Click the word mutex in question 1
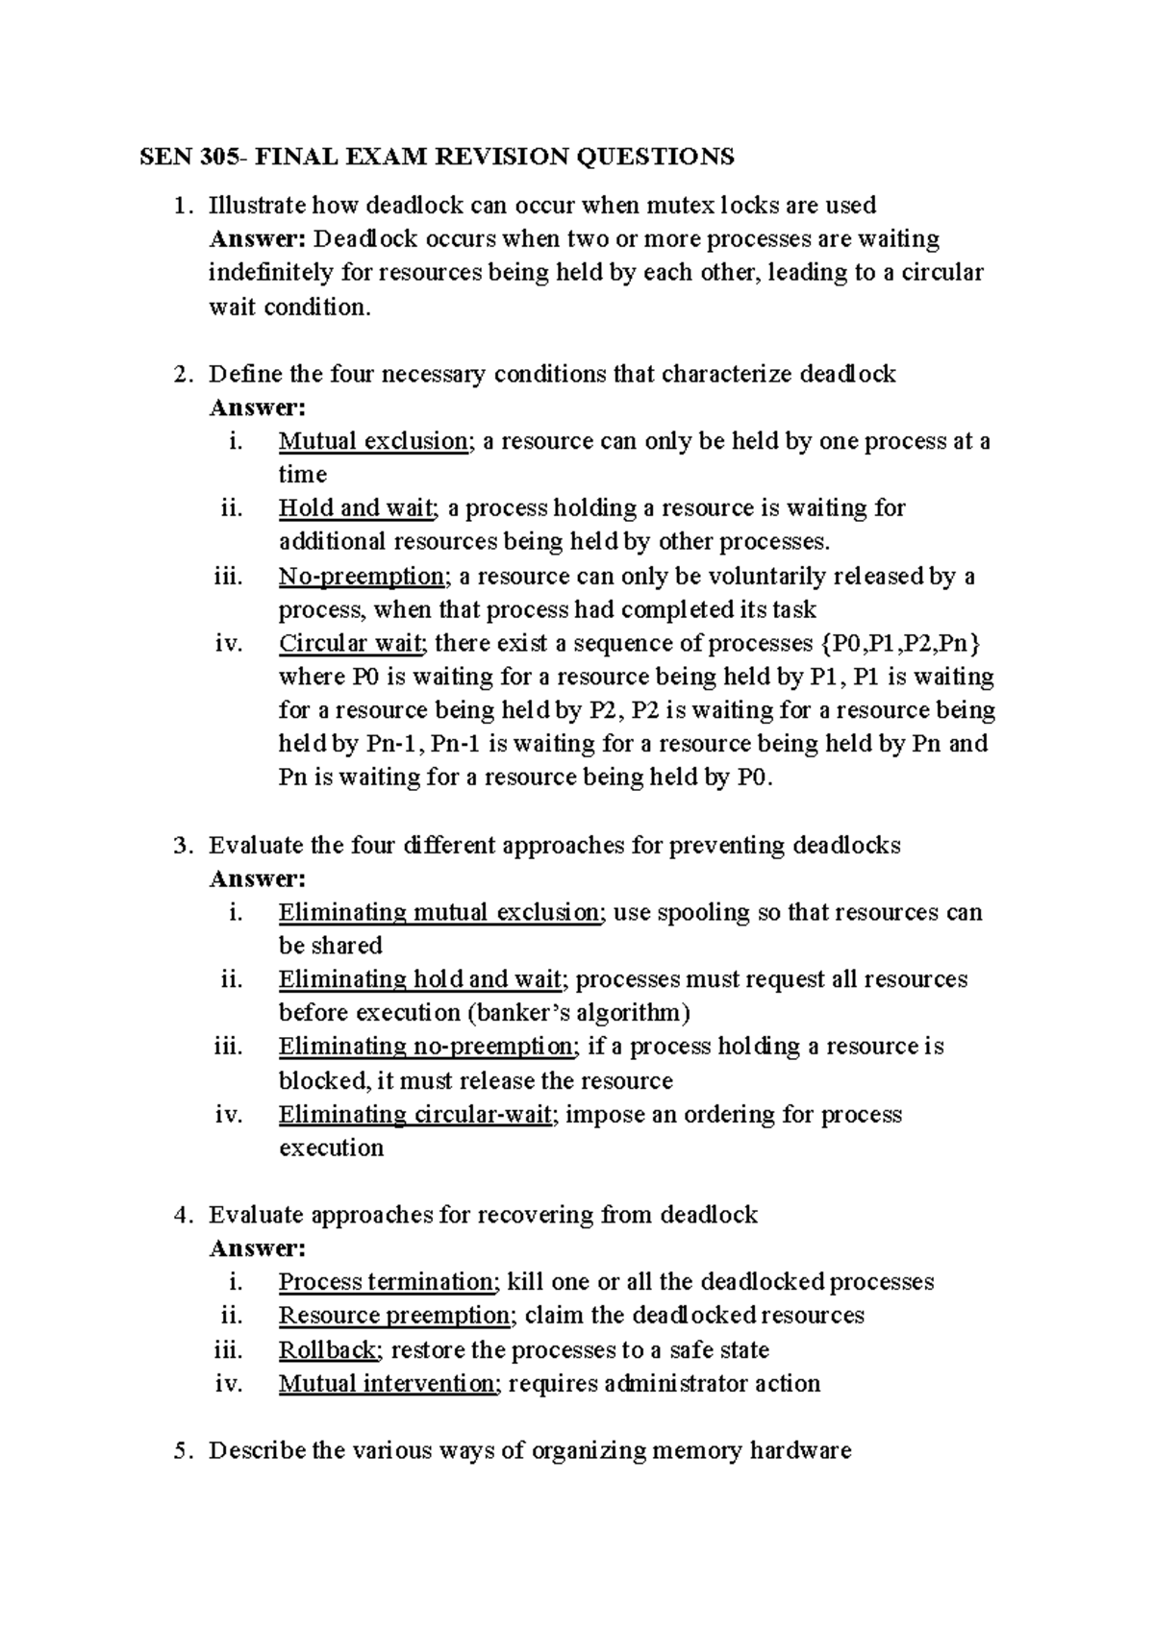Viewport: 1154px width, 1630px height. pos(665,205)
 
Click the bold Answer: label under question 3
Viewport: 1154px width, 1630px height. pos(257,878)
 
